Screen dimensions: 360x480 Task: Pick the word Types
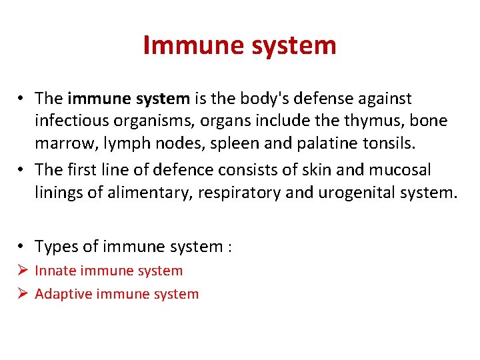(x=56, y=247)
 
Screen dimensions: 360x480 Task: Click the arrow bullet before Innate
(x=22, y=271)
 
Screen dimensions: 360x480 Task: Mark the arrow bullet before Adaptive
(x=22, y=294)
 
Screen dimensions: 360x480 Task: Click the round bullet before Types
(x=22, y=247)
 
